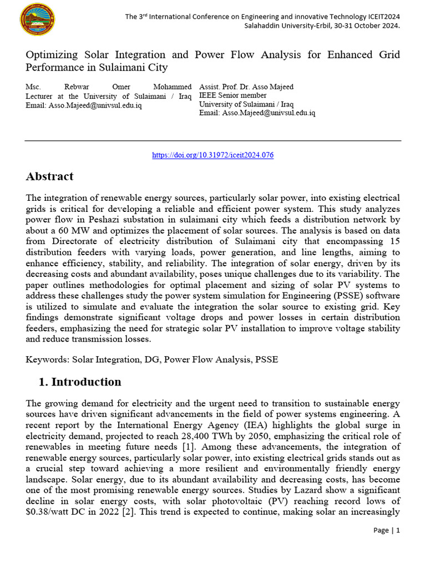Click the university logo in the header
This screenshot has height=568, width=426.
(37, 21)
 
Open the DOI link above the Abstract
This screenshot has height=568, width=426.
(212, 155)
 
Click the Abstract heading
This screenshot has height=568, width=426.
(49, 177)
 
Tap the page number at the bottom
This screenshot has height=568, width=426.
(387, 530)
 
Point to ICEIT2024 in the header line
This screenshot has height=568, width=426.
(381, 17)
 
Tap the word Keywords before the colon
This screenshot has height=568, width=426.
(47, 359)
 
